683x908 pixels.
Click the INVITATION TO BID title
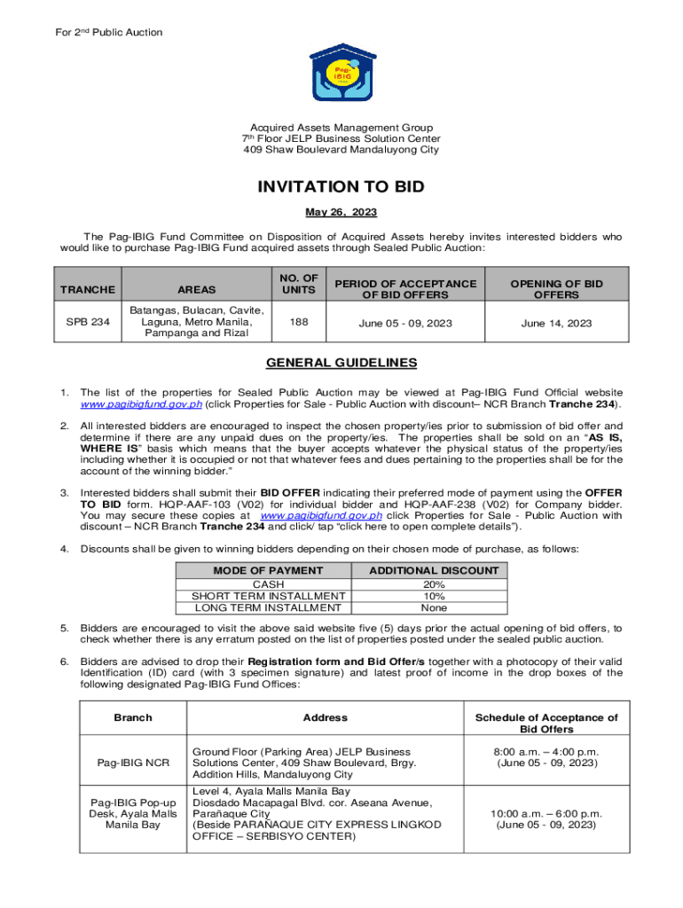(x=341, y=187)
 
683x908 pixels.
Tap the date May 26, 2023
(x=341, y=213)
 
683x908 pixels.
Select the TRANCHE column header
(x=87, y=290)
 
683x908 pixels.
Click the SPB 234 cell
(x=87, y=323)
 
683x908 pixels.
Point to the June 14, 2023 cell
(x=556, y=324)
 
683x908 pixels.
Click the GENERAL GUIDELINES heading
(x=341, y=363)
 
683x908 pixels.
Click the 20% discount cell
(x=434, y=584)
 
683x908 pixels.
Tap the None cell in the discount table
(x=434, y=608)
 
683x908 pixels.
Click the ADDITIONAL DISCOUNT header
(x=434, y=571)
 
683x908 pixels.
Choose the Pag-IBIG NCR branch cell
(x=133, y=763)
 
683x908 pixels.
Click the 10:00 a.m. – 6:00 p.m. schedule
(x=546, y=813)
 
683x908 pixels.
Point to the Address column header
(x=325, y=717)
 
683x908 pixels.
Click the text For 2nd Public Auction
(x=98, y=33)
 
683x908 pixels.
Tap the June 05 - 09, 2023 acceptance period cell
(x=404, y=324)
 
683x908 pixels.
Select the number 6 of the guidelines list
(x=64, y=661)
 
